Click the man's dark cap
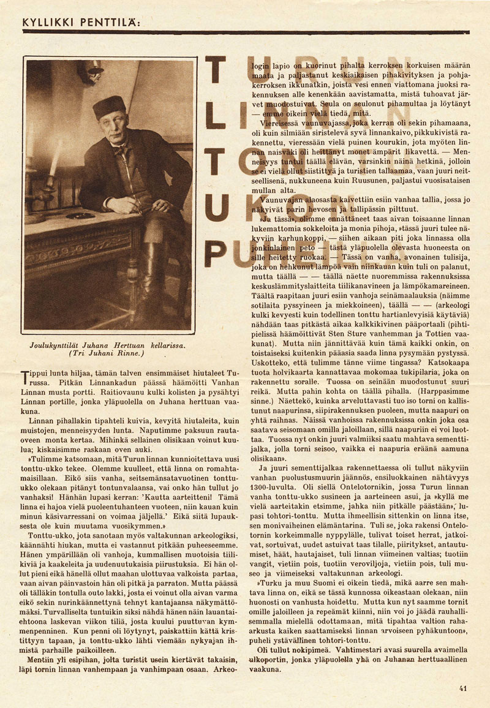pyautogui.click(x=109, y=106)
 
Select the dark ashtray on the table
pyautogui.click(x=80, y=216)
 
